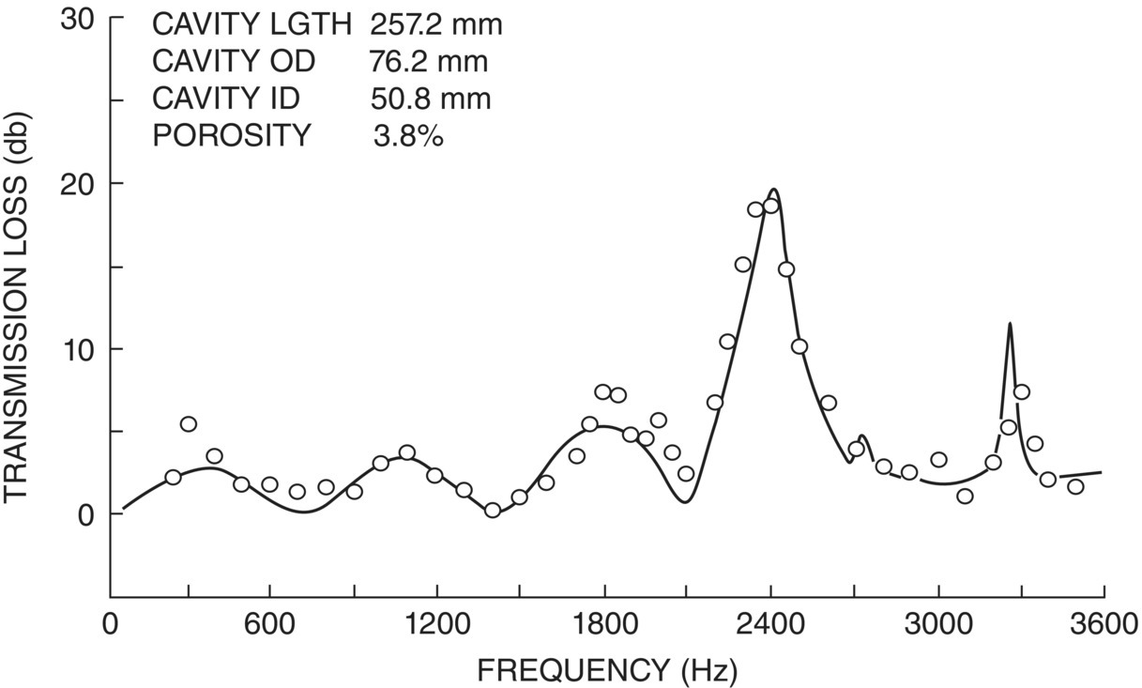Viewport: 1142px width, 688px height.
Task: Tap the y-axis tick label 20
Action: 79,184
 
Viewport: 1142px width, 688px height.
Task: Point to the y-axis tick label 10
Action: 79,349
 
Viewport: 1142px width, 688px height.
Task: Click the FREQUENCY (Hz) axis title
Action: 607,670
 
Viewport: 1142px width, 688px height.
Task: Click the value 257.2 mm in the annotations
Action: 435,24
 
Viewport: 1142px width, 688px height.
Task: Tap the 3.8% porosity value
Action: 407,136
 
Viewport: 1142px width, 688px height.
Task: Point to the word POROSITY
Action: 231,136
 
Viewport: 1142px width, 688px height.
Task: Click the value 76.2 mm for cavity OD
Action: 428,62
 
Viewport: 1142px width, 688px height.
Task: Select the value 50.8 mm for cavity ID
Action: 430,99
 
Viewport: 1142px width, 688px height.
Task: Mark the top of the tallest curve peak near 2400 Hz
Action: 775,190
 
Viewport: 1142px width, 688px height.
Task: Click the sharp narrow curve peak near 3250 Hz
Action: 1010,324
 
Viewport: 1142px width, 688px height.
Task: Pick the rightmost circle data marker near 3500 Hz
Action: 1075,486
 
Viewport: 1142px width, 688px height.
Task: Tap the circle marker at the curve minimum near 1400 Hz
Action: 493,510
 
